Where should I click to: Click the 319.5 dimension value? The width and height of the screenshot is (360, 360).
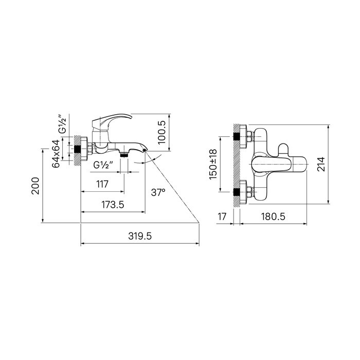140,236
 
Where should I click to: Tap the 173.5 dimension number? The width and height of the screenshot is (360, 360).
113,205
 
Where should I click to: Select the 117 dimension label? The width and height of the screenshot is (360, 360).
102,184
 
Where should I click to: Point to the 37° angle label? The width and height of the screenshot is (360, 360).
158,192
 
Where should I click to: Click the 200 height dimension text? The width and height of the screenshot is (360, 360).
35,186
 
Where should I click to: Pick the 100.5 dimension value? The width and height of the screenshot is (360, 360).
162,132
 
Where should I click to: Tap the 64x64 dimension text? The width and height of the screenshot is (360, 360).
56,154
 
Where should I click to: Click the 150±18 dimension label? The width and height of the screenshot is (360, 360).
213,165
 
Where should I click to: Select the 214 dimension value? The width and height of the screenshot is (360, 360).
321,164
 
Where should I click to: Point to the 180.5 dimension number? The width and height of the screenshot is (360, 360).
273,217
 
